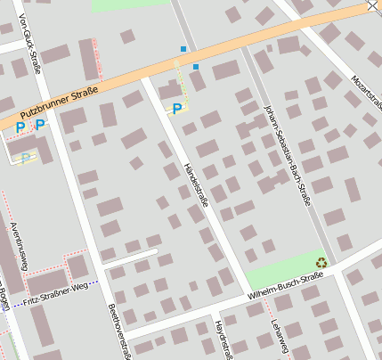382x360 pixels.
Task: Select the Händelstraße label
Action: click(x=194, y=184)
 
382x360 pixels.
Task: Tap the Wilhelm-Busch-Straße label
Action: click(x=285, y=289)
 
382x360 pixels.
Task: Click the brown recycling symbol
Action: click(x=321, y=262)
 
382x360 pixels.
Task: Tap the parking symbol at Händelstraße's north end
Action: click(x=177, y=109)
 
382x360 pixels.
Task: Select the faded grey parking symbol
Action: click(x=25, y=158)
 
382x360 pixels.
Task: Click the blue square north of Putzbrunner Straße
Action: click(x=183, y=48)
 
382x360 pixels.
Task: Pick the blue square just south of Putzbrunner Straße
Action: click(x=196, y=67)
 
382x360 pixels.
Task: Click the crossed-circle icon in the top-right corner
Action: click(x=372, y=6)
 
